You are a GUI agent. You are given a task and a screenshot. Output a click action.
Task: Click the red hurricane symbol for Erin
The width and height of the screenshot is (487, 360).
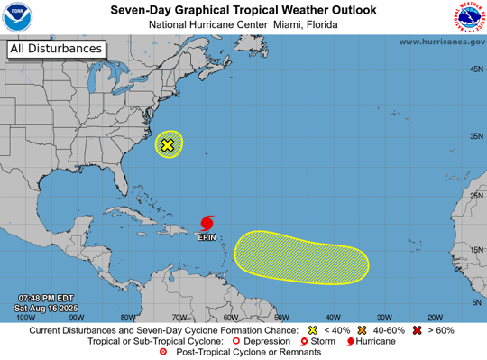[x=207, y=221]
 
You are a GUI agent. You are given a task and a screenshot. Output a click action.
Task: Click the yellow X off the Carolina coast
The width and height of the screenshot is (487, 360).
[x=168, y=144]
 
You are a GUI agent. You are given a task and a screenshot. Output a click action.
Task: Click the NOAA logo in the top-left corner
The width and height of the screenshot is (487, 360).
[x=17, y=17]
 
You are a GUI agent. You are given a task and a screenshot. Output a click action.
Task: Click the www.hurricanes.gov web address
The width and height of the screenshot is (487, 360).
[x=441, y=42]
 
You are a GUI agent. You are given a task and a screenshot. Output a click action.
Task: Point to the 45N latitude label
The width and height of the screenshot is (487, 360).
[x=474, y=69]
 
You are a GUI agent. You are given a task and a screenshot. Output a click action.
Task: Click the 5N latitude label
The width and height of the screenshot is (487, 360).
[x=474, y=302]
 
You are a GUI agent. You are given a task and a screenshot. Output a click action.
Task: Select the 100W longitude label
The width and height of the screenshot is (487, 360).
[x=26, y=317]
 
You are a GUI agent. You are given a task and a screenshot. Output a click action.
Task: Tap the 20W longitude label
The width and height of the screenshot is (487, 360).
[x=436, y=317]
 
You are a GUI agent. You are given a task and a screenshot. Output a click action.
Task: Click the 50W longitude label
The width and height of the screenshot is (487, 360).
[x=281, y=317]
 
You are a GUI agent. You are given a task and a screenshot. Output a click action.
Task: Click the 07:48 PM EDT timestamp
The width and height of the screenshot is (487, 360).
[x=45, y=297]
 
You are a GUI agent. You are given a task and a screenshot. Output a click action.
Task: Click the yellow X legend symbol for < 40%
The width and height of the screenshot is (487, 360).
[x=313, y=330]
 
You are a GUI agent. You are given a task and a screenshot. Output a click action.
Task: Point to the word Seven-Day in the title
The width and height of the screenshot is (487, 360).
[x=143, y=9]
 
